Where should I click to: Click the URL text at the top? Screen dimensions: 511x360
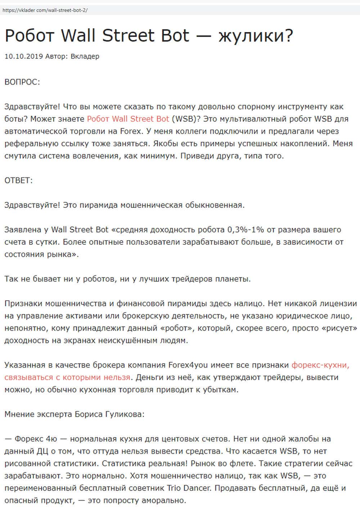45,10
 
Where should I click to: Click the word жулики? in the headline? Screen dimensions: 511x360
256,36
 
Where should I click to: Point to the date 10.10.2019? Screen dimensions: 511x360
24,57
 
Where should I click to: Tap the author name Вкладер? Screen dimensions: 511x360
85,57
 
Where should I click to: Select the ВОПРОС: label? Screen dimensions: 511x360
22,82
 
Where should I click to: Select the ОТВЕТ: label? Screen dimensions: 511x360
18,180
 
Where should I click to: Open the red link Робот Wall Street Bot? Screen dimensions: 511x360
128,119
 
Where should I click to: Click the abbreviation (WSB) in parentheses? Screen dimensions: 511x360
184,119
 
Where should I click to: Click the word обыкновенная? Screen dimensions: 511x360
215,205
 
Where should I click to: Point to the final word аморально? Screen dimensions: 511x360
164,501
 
